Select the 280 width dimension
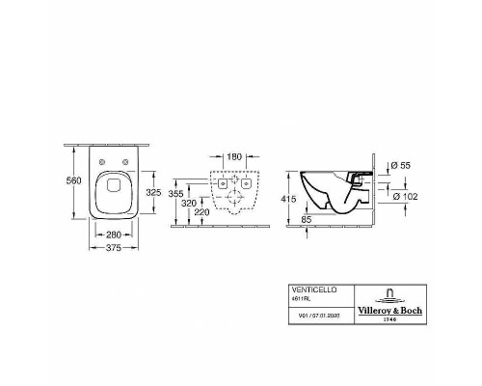115,234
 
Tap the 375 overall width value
115,247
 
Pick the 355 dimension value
174,194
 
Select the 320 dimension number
189,204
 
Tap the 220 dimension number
201,211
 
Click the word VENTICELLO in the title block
310,289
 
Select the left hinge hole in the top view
101,160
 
